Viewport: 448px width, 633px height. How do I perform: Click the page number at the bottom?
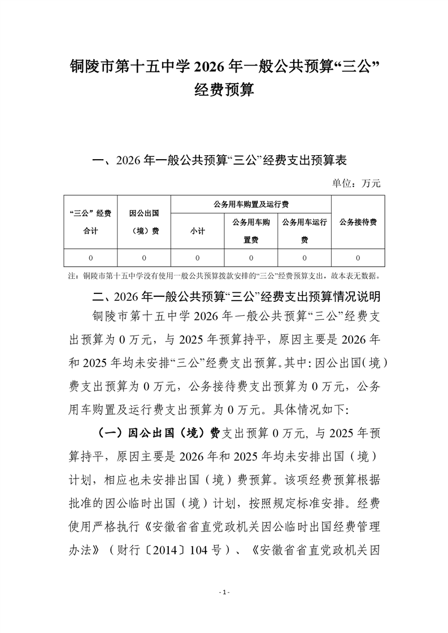pyautogui.click(x=224, y=592)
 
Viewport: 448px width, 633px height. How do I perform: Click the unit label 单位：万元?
pyautogui.click(x=356, y=183)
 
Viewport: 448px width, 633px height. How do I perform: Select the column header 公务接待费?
pyautogui.click(x=358, y=222)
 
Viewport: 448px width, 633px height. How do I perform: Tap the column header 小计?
pyautogui.click(x=197, y=231)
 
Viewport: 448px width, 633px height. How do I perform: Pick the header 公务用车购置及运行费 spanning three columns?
pyautogui.click(x=250, y=204)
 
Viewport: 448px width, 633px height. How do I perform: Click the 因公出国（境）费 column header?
pyautogui.click(x=143, y=222)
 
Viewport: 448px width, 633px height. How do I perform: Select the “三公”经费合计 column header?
pyautogui.click(x=90, y=222)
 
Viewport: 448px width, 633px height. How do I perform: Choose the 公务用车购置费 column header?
pyautogui.click(x=251, y=231)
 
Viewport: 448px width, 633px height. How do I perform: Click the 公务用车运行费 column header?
pyautogui.click(x=304, y=231)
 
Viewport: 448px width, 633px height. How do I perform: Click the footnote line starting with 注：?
pyautogui.click(x=224, y=276)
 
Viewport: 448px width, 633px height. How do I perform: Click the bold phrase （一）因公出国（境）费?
pyautogui.click(x=159, y=433)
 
